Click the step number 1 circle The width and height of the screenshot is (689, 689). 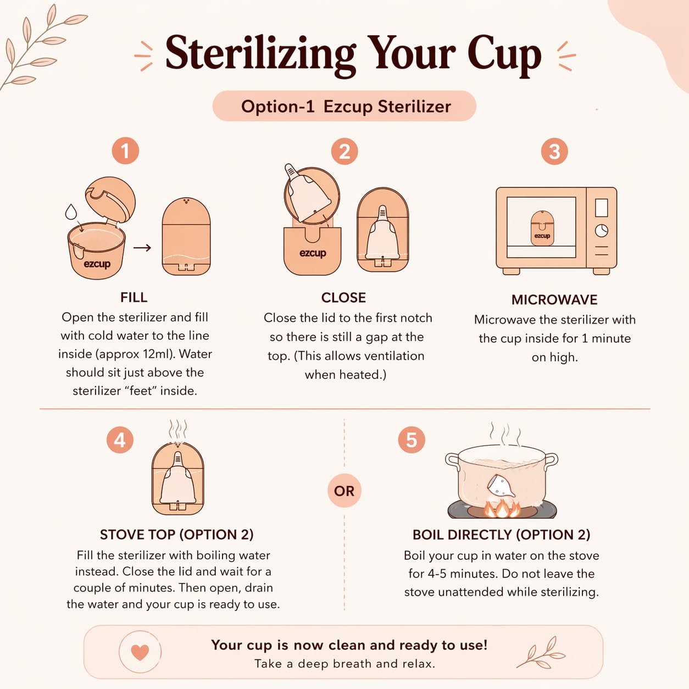click(x=125, y=151)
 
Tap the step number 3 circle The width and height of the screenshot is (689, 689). click(x=554, y=151)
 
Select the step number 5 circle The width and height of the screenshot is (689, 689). click(x=412, y=440)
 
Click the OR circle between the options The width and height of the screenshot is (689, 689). click(x=344, y=491)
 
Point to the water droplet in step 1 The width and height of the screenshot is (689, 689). click(x=71, y=212)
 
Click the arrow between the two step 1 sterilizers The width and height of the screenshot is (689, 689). click(x=142, y=247)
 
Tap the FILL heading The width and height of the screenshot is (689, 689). click(x=134, y=297)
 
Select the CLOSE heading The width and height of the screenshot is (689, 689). click(x=343, y=298)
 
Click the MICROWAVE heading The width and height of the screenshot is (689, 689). click(x=554, y=299)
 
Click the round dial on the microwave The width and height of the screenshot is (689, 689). click(x=602, y=230)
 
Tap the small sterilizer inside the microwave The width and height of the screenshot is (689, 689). click(x=542, y=228)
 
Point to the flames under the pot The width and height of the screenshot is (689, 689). click(x=502, y=509)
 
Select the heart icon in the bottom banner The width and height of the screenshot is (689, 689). click(x=140, y=652)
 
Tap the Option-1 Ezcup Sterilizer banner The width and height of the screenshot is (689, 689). click(x=344, y=106)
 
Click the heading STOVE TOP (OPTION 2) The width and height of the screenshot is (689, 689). click(x=176, y=535)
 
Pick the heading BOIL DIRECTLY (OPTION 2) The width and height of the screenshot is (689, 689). click(x=501, y=535)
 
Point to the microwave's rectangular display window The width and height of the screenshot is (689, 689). click(x=602, y=208)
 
